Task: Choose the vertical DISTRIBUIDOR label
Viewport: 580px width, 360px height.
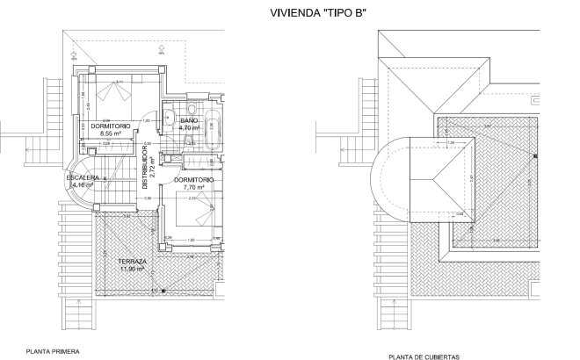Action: click(146, 162)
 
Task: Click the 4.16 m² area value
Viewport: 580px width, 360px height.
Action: click(82, 185)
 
